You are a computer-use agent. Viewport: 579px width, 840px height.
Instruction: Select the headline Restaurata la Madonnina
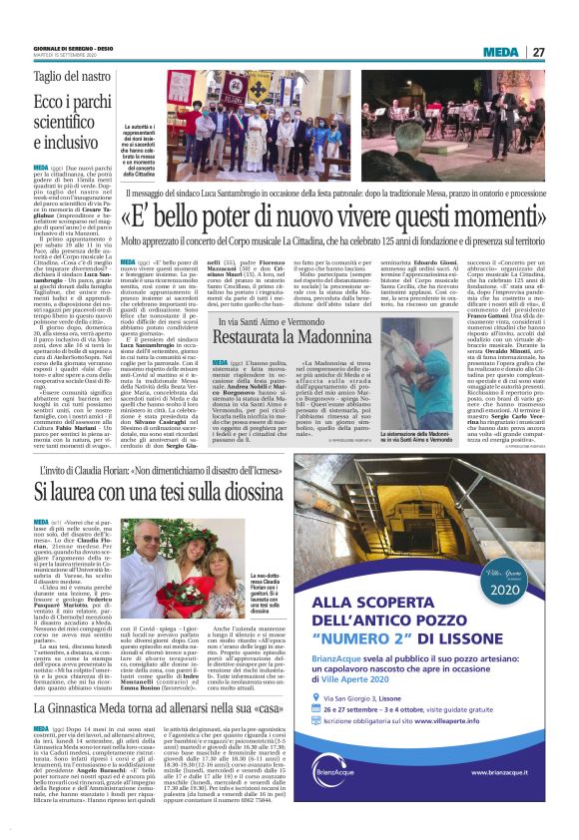click(x=285, y=338)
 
